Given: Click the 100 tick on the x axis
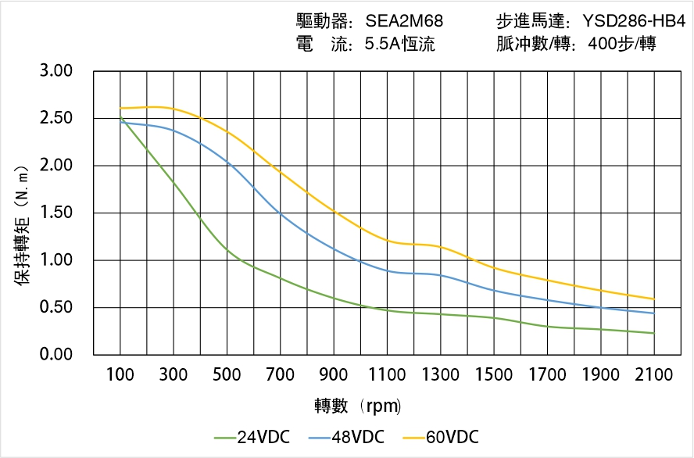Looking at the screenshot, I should pos(120,375).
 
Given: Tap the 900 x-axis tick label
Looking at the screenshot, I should pos(334,375).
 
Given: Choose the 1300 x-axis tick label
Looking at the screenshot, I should pos(441,375).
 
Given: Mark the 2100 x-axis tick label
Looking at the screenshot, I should pos(654,375).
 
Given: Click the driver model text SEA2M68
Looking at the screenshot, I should pos(404,21).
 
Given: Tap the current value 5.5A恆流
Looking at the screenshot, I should pos(400,45).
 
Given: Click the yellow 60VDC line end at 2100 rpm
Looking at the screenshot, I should pos(653,299).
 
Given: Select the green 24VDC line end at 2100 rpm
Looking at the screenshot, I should pos(653,333).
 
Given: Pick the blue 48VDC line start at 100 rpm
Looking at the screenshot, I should pos(120,122).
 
